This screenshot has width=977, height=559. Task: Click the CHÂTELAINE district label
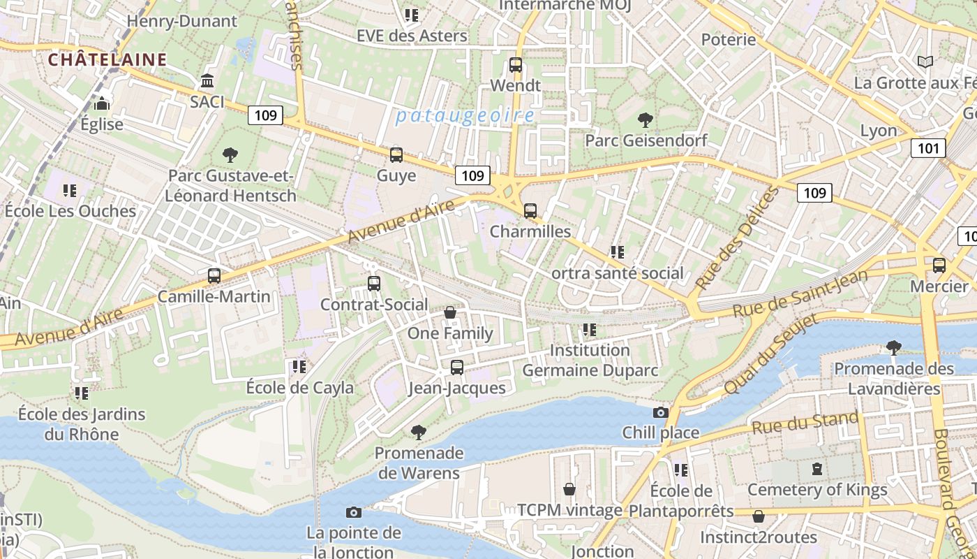(107, 59)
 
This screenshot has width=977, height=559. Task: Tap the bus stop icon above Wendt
(516, 65)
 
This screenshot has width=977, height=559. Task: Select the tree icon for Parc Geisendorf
(646, 120)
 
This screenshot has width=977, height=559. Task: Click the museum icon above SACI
(207, 81)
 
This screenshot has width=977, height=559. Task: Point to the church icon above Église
(102, 104)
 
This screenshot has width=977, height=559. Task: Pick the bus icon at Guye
(396, 155)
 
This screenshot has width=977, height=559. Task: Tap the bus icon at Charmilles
(530, 210)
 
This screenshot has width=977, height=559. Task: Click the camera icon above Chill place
(660, 412)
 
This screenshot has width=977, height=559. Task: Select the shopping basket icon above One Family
(450, 312)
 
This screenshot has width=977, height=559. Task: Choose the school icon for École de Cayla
(299, 367)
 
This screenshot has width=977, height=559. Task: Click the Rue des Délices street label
(736, 239)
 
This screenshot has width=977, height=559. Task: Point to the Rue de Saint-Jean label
(800, 293)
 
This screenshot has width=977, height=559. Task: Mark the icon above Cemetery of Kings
(817, 469)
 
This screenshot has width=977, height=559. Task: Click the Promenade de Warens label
(419, 463)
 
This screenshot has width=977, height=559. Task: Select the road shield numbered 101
(928, 148)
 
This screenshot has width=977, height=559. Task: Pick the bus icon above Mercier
(939, 266)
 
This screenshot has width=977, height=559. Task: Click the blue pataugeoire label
(465, 116)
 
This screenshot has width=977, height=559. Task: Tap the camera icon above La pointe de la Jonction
(354, 513)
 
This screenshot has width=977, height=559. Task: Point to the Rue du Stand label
(805, 423)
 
